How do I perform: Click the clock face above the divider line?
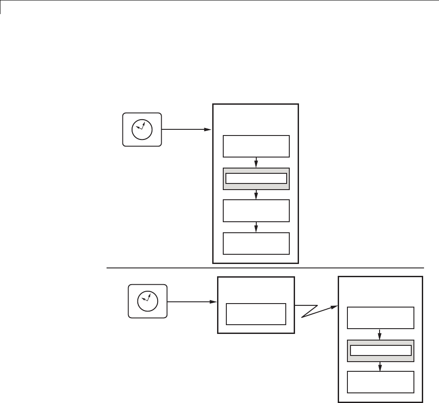click(x=142, y=129)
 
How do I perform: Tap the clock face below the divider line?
click(x=148, y=301)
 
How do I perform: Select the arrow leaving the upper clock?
click(x=185, y=129)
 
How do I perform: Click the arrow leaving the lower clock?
click(x=192, y=302)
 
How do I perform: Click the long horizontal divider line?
click(x=264, y=267)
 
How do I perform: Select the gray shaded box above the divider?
click(x=256, y=179)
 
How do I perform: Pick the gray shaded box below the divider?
click(x=381, y=351)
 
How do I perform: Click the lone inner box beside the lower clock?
click(x=256, y=314)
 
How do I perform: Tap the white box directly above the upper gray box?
click(x=256, y=147)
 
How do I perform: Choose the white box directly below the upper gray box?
click(x=256, y=211)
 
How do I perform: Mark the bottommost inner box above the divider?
click(x=256, y=243)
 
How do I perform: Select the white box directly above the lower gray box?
click(x=381, y=318)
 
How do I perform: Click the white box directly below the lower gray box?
click(x=381, y=382)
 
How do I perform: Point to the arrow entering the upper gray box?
click(x=256, y=163)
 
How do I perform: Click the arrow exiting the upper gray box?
click(x=256, y=194)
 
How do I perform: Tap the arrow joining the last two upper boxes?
click(x=256, y=227)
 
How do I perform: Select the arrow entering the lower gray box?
click(x=381, y=334)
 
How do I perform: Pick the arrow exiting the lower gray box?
click(x=381, y=366)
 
